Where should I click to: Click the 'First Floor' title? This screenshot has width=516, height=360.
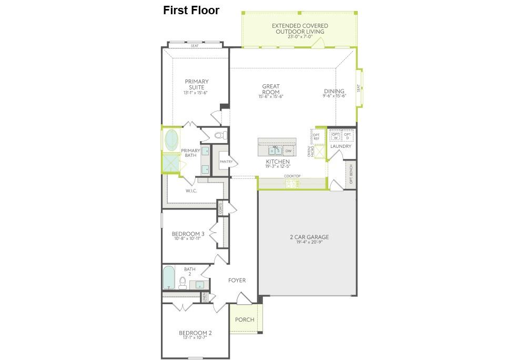click(x=191, y=10)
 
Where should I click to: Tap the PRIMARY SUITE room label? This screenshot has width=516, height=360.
click(x=196, y=85)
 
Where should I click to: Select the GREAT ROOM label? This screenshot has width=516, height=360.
click(x=271, y=89)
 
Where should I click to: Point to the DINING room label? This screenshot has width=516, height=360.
click(x=334, y=91)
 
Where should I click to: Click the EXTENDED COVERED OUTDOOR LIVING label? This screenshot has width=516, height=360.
click(x=300, y=28)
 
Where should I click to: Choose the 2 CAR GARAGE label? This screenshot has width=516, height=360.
click(x=309, y=237)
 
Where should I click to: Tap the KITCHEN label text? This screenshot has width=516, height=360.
click(x=277, y=162)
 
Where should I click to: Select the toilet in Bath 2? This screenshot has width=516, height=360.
click(x=183, y=283)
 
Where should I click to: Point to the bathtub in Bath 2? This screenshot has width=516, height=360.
click(x=168, y=277)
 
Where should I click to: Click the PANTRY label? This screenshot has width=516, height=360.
click(x=226, y=162)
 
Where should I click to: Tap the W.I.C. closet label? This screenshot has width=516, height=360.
click(x=191, y=191)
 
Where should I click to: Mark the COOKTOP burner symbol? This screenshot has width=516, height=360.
click(x=291, y=184)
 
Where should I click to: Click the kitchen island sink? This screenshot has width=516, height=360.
click(x=276, y=151)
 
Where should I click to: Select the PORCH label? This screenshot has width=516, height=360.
click(x=245, y=319)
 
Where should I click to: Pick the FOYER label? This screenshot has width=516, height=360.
click(x=237, y=281)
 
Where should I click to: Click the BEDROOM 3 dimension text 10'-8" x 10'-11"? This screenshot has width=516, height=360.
click(x=188, y=238)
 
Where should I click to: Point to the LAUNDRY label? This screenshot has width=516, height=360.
click(x=340, y=146)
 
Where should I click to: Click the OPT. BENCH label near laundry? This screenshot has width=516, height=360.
click(x=351, y=175)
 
